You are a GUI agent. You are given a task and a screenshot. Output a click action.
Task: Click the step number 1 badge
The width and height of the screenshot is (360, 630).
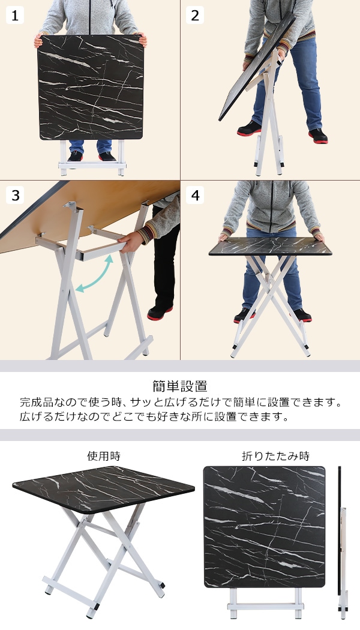point(15,15)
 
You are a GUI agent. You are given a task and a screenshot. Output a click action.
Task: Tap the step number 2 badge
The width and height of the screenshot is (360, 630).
point(195,15)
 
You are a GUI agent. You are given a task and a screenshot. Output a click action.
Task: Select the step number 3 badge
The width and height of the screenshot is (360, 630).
point(15,195)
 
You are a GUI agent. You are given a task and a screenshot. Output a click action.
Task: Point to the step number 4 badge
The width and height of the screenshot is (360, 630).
point(195,195)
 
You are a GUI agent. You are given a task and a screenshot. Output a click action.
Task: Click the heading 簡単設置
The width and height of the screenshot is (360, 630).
point(180,386)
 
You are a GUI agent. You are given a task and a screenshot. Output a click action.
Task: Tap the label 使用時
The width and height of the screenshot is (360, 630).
point(104,456)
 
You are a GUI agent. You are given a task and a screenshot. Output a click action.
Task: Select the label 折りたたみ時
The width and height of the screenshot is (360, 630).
point(275,456)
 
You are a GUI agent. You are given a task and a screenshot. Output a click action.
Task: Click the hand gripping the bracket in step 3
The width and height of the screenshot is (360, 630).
point(131,242)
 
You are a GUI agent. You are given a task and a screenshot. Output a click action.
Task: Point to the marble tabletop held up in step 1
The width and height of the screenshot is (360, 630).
point(91,87)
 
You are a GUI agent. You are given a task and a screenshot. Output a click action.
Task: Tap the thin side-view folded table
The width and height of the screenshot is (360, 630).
point(341,542)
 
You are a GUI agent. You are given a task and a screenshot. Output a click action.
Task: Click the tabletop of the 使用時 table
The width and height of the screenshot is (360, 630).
point(104,489)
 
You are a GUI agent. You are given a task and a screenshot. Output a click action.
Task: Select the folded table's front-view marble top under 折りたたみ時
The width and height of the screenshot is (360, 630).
point(265,527)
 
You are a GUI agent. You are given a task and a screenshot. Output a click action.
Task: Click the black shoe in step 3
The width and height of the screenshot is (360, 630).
point(160,313)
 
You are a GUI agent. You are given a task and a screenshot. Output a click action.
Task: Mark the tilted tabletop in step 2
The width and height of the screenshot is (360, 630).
point(257,66)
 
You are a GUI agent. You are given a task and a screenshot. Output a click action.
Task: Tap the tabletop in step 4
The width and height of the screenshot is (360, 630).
point(270,246)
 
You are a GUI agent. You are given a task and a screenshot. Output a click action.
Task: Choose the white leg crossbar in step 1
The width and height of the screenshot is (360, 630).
point(92,165)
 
